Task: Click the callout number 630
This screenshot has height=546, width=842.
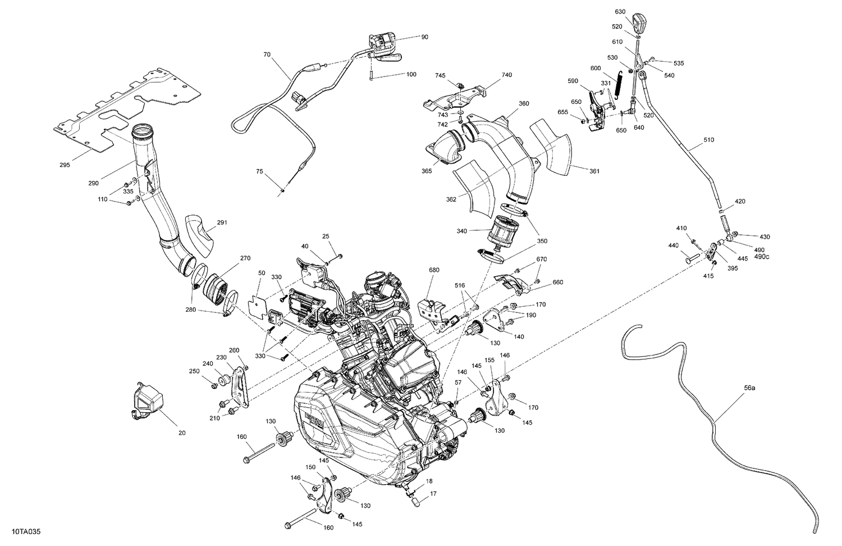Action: [x=620, y=12]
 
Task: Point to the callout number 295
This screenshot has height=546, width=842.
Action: [x=65, y=165]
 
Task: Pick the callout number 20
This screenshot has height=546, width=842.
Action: [x=182, y=433]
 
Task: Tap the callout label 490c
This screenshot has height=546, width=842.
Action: [x=762, y=257]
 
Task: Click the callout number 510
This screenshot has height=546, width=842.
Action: [x=708, y=140]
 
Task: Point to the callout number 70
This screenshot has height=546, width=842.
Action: [x=267, y=55]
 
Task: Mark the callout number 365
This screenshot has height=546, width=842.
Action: [x=427, y=171]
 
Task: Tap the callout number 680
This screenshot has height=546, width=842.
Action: [x=434, y=270]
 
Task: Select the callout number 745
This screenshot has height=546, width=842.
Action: [x=440, y=75]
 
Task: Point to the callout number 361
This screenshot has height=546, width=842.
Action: [x=594, y=171]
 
